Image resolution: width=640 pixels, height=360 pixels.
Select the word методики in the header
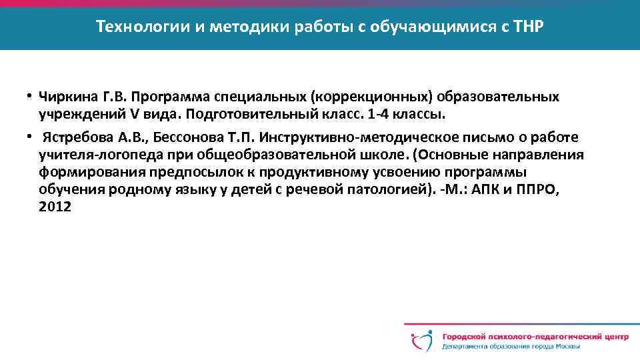[x=241, y=27]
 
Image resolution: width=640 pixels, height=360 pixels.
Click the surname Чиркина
[x=67, y=97]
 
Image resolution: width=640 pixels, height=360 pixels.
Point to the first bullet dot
[x=31, y=95]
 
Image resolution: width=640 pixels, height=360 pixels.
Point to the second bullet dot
[x=31, y=136]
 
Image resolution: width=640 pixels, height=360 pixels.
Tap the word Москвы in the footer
[x=566, y=347]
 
